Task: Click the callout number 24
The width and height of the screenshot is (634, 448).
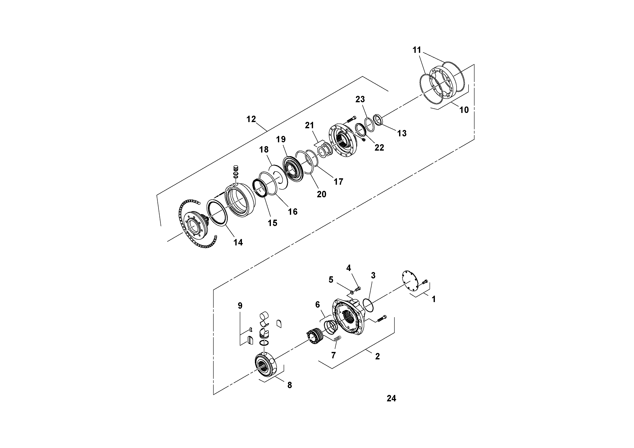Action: coord(391,398)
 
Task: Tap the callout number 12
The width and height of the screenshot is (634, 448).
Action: coord(251,119)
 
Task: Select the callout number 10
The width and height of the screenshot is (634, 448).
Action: coord(464,110)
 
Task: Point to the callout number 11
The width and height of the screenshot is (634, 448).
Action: coord(417,50)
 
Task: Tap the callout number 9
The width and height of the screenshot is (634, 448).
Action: coord(240,305)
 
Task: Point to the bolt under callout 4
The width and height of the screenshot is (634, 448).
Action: coord(358,289)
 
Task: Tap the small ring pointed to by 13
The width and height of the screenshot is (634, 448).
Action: coord(377,120)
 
